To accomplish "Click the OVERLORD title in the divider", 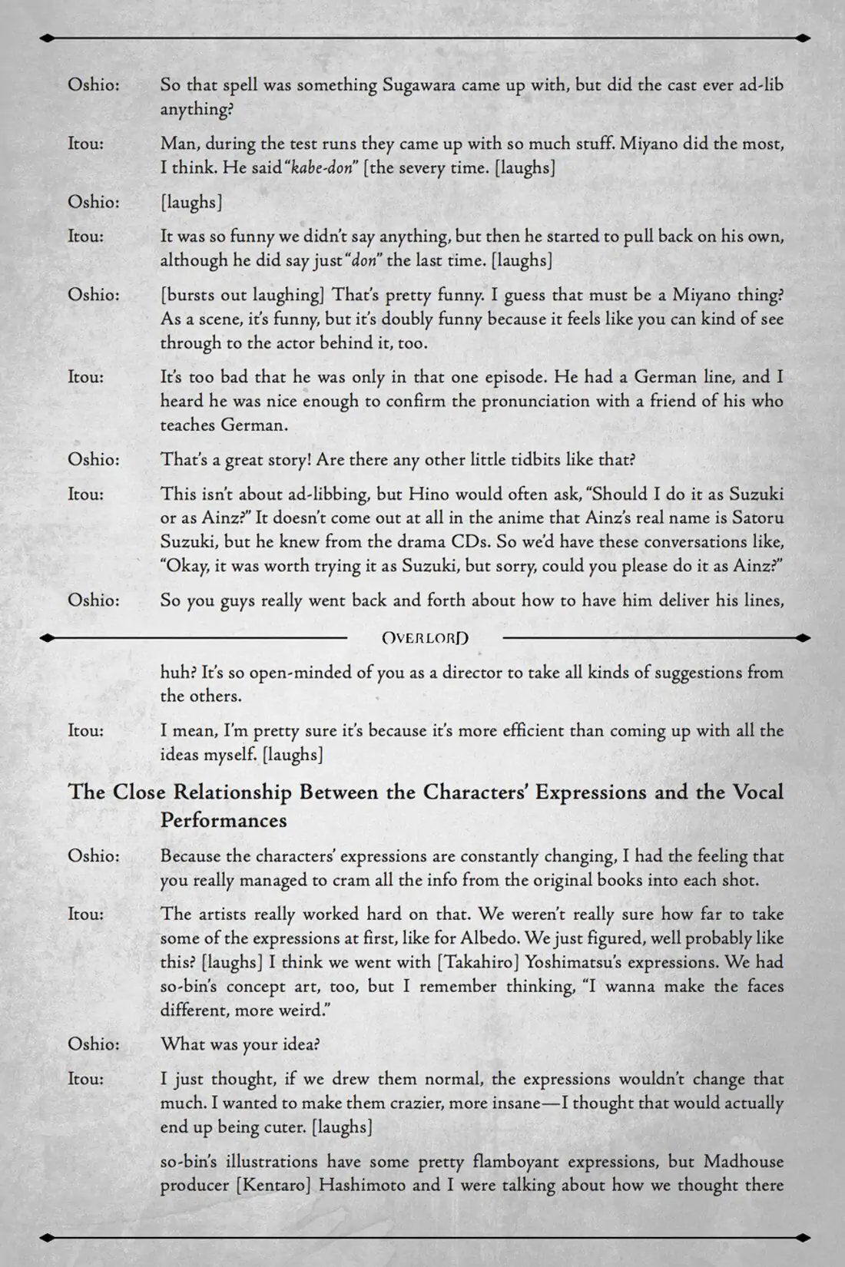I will pos(425,637).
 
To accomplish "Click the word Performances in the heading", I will pos(224,820).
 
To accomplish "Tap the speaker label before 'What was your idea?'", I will pos(94,1044).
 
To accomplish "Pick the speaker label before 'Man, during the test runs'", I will pos(86,144).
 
